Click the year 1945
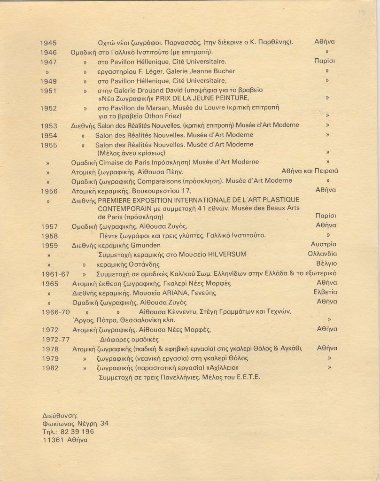point(48,43)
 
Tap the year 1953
point(49,126)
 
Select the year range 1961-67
point(55,274)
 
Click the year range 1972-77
point(55,339)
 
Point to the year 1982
point(50,368)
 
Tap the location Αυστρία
point(324,244)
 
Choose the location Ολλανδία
point(322,254)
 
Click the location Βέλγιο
point(326,264)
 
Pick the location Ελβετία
point(325,292)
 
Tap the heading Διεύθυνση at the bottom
point(60,415)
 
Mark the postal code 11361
point(53,440)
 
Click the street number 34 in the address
point(104,423)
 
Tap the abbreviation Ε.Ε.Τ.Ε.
point(248,377)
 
